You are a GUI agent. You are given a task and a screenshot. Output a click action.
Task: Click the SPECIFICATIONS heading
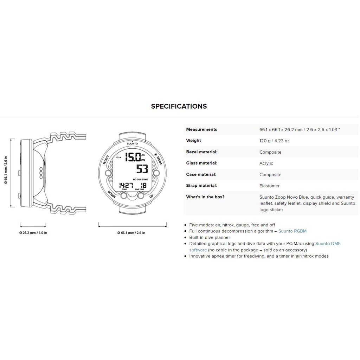[x=179, y=106]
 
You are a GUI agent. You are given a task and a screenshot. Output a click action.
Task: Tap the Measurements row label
[x=201, y=129]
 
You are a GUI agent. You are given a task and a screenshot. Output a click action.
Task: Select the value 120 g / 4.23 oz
[x=274, y=141]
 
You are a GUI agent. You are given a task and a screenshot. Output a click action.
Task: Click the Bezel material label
[x=201, y=152]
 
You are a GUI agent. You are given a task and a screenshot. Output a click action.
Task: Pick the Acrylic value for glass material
[x=266, y=163]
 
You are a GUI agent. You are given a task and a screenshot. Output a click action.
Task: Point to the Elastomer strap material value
[x=269, y=186]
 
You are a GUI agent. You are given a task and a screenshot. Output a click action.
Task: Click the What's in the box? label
[x=205, y=197]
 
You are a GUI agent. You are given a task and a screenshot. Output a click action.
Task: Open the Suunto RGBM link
[x=292, y=231]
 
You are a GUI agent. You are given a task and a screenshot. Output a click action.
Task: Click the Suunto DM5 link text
[x=328, y=243]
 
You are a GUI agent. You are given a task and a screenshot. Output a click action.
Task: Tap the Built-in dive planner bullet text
[x=210, y=237]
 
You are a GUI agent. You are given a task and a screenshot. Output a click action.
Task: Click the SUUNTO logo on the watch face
[x=132, y=143]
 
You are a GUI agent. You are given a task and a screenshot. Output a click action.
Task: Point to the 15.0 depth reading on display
[x=134, y=156]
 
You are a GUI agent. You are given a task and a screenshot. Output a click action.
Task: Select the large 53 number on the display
[x=142, y=169]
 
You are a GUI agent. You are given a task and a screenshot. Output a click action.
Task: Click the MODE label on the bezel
[x=159, y=161]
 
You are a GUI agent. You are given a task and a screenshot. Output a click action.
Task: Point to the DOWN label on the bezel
[x=111, y=195]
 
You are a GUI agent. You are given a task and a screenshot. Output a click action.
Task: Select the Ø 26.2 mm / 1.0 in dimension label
[x=33, y=233]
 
